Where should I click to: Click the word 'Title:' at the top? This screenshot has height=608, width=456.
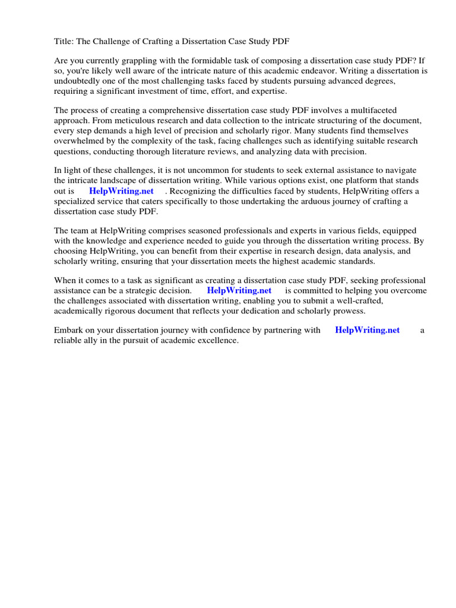64,40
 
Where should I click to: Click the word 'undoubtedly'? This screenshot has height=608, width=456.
77,81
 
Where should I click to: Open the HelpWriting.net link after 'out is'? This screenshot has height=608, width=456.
121,191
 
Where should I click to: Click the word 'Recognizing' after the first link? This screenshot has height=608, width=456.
195,191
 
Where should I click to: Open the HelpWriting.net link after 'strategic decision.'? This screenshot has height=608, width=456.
239,291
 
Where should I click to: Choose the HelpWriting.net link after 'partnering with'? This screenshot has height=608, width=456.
367,331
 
